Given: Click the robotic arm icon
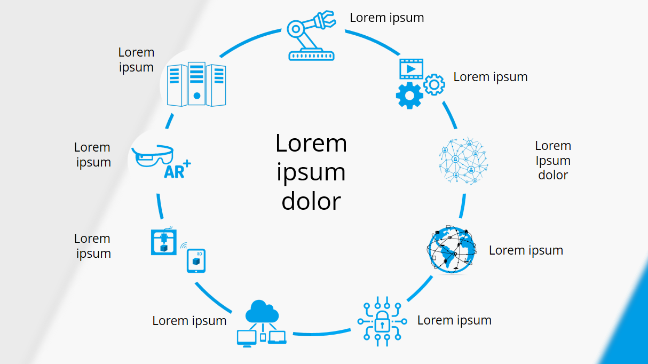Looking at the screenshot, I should coord(311,35).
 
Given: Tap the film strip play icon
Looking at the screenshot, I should coord(411,68).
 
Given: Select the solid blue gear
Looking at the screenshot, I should coord(409,96).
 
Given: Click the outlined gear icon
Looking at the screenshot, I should coord(434,84).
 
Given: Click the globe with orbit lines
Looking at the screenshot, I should coord(451,250).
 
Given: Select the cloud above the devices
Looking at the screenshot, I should coord(262,312).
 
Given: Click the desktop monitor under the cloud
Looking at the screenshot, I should coord(247,337).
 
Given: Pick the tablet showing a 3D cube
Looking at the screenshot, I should coord(196,261).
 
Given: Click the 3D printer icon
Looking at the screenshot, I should coord(164,242).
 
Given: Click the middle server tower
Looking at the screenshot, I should coord(196,84).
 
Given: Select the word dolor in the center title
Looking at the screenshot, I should coord(311,201).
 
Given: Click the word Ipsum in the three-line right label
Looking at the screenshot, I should coord(553,160).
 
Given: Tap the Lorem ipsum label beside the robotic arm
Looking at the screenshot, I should coord(387,18).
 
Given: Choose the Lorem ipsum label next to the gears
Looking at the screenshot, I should coord(491,77).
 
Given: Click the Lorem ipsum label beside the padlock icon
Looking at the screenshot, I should coord(454,320).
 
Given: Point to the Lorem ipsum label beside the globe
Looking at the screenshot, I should coord(526,250).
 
